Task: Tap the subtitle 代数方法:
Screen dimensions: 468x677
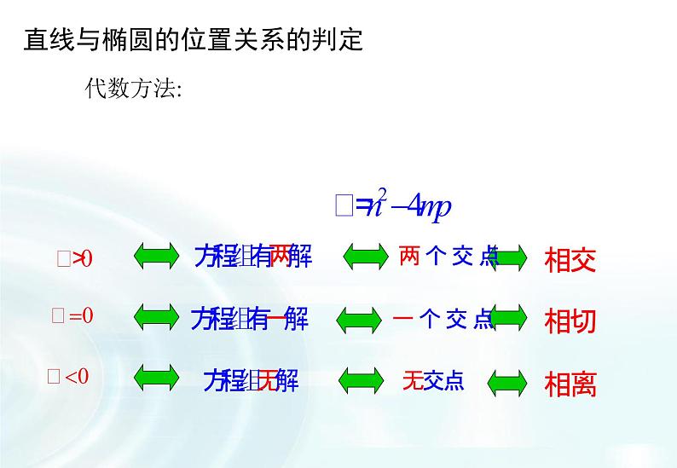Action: coord(133,89)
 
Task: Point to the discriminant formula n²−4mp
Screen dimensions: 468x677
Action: coord(393,205)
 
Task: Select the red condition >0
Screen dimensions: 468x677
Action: coord(74,259)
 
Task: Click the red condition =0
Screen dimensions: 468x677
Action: coord(72,316)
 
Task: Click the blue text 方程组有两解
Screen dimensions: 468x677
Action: coord(252,256)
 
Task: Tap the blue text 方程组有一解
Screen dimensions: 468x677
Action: coord(249,320)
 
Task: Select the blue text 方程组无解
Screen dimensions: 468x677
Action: coord(251,380)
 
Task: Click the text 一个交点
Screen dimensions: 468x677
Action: coord(443,320)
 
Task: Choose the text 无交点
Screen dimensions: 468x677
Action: coord(433,381)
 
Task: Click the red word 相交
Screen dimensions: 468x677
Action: coord(570,259)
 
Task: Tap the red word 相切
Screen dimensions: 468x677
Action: coord(570,321)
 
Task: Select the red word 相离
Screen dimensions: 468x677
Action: coord(570,385)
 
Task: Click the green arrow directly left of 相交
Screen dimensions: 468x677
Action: coord(509,257)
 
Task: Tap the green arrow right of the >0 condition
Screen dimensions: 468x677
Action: coord(156,256)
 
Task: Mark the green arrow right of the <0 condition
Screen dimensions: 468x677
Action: coord(156,376)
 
